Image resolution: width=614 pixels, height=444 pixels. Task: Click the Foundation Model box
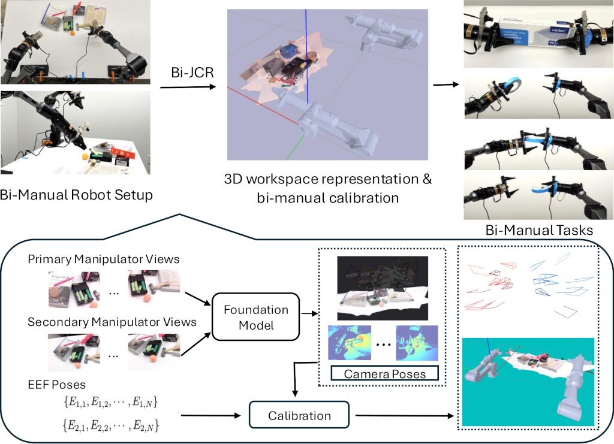coord(256,318)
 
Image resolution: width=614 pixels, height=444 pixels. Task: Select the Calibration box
coord(291,415)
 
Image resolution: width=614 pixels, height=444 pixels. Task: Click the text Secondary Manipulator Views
coord(112,322)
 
